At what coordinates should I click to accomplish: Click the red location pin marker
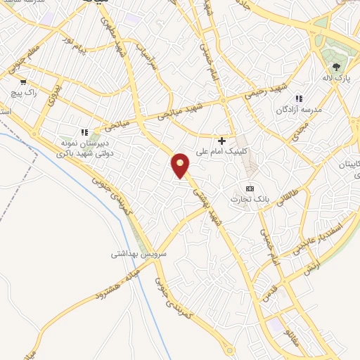point(181,165)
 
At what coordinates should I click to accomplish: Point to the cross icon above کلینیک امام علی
point(222,141)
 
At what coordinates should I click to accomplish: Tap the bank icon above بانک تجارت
point(250,188)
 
